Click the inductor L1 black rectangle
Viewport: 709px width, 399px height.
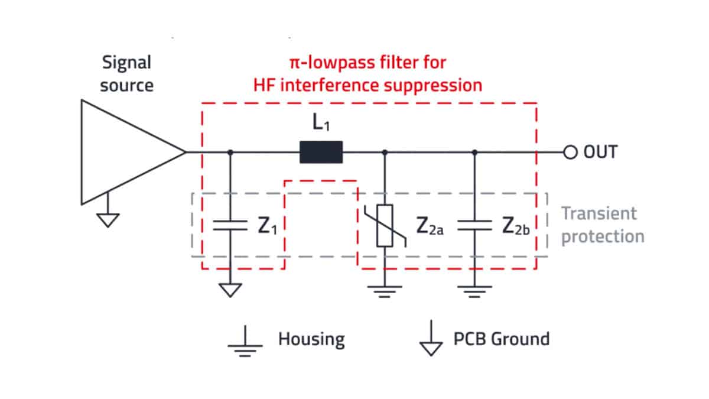point(321,152)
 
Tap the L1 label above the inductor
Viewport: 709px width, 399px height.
point(322,125)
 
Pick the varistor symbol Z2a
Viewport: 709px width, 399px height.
point(385,225)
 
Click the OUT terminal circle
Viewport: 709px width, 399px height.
point(570,153)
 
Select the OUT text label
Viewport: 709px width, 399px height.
point(600,153)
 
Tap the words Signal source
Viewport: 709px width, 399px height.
point(126,73)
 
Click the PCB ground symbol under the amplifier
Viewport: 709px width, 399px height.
point(108,219)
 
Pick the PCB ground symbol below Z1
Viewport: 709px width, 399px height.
point(230,290)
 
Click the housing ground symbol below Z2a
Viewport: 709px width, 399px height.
point(385,291)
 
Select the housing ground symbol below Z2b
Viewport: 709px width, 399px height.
point(474,291)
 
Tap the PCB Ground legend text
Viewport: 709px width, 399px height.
point(501,339)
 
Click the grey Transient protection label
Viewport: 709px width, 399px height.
point(602,225)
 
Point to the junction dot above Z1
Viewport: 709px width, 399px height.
point(230,152)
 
